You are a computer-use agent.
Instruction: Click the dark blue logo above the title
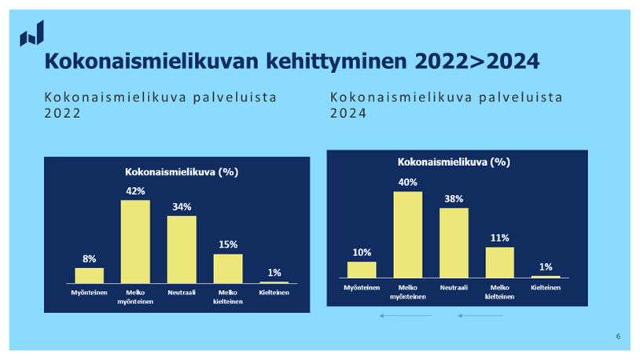coord(31,34)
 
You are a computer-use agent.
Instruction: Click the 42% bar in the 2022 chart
coord(135,241)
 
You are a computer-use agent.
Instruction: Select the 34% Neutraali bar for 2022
coord(182,249)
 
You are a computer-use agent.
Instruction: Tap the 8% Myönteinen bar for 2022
coord(90,276)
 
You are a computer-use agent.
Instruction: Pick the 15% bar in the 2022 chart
coord(228,269)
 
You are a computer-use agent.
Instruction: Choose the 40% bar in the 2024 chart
coord(408,235)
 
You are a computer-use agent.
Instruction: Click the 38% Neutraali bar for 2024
coord(454,243)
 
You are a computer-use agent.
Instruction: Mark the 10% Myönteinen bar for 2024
coord(362,270)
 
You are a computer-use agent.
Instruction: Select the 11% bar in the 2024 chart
coord(499,263)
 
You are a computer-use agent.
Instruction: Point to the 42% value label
coord(135,191)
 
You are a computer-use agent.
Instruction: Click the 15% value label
coord(228,244)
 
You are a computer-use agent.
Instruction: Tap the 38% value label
coord(454,199)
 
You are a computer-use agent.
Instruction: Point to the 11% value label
coord(499,238)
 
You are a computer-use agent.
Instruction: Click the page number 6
coord(618,336)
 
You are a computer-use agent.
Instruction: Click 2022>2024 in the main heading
coord(477,61)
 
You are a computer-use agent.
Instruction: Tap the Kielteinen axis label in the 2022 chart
coord(274,292)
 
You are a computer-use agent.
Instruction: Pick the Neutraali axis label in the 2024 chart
coord(454,288)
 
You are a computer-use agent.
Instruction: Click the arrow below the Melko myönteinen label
coord(406,315)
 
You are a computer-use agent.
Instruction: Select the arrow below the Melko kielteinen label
coord(480,315)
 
